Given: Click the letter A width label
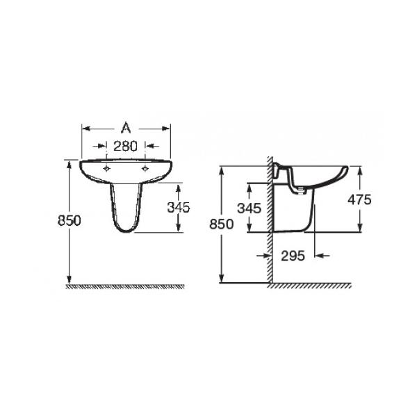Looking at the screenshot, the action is click(x=126, y=128).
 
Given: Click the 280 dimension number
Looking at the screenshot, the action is click(x=125, y=146).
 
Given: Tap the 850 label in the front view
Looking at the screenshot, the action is click(x=69, y=220).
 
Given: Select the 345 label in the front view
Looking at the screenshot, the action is click(x=179, y=207).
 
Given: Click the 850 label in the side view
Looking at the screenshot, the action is click(x=221, y=224).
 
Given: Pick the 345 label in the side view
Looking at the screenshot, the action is click(x=250, y=208).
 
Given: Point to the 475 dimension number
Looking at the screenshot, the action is click(x=359, y=199).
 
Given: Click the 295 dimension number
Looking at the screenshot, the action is click(x=293, y=256).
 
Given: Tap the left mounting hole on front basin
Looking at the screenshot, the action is click(x=106, y=169).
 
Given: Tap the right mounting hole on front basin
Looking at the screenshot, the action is click(x=145, y=169).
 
